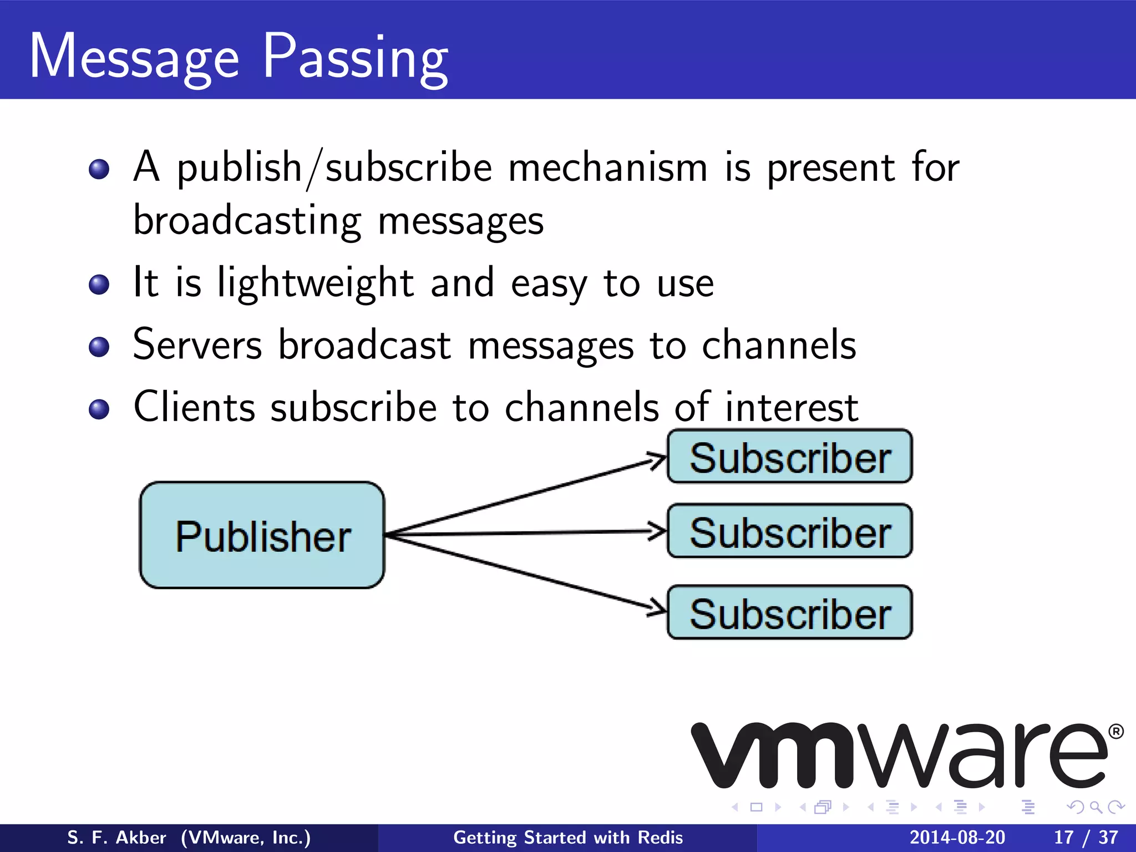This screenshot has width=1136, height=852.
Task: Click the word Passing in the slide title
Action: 355,58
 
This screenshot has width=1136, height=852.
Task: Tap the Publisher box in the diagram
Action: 262,535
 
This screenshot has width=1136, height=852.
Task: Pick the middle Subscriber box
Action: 789,531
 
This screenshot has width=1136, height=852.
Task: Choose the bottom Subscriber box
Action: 789,613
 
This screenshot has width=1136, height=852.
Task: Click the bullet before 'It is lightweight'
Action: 99,285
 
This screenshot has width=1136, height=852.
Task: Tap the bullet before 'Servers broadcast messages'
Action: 99,347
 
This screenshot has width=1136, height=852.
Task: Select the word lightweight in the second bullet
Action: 315,283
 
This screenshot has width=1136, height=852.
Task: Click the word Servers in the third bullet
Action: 197,345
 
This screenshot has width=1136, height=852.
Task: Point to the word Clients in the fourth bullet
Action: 194,407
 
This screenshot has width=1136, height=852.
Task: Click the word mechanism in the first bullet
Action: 607,168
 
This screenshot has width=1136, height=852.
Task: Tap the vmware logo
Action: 899,755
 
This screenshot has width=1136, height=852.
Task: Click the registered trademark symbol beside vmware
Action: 1116,732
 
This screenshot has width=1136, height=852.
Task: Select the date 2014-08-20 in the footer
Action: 957,838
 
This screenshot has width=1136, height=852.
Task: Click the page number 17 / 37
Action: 1086,838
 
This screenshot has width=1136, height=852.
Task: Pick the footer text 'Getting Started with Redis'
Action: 568,838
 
